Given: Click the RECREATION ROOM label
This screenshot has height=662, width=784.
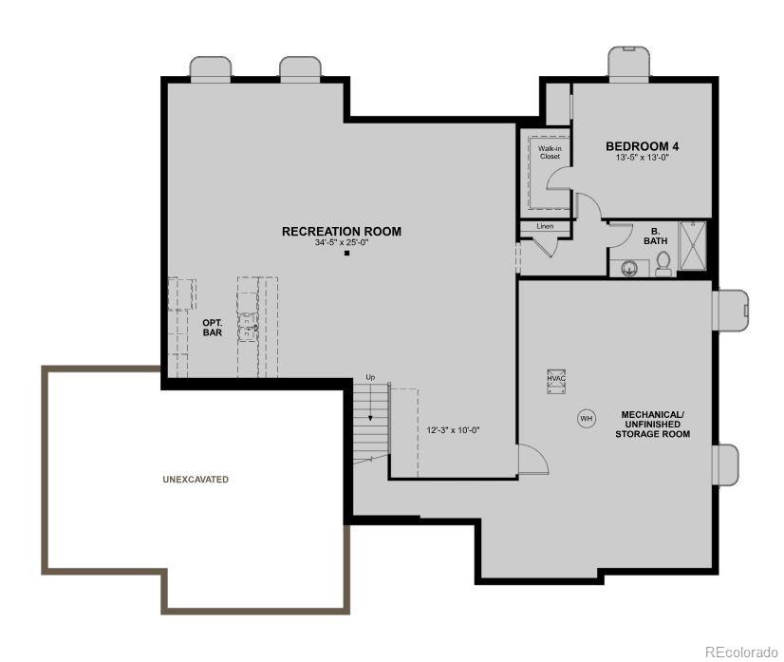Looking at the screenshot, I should [341, 231].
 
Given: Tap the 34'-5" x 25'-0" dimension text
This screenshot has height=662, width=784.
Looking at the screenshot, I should [341, 243].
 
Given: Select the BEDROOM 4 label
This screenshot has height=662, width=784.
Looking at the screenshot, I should [642, 146].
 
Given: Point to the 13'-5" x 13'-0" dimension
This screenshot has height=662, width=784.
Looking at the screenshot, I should [642, 158].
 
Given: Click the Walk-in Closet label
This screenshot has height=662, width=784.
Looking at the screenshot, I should [550, 152].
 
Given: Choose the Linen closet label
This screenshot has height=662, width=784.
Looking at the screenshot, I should [545, 226].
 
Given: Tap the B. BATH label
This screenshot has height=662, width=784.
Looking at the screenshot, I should [655, 236].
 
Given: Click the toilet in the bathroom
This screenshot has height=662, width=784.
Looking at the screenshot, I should [663, 264].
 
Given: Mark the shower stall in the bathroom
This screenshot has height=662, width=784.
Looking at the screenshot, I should [693, 247].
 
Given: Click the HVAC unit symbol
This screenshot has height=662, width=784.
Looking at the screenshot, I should [555, 378].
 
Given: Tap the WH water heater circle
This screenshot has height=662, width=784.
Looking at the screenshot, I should [586, 418].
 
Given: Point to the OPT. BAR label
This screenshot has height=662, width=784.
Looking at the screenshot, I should [212, 328].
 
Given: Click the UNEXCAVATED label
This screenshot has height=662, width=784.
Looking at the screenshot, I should [196, 480].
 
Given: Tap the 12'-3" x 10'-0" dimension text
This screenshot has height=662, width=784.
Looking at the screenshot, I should [453, 429].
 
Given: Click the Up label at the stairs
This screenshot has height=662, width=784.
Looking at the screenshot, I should [370, 378].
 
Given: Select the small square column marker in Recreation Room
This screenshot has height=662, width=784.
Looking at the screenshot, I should [347, 254].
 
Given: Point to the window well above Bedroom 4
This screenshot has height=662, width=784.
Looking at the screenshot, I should [628, 64].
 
